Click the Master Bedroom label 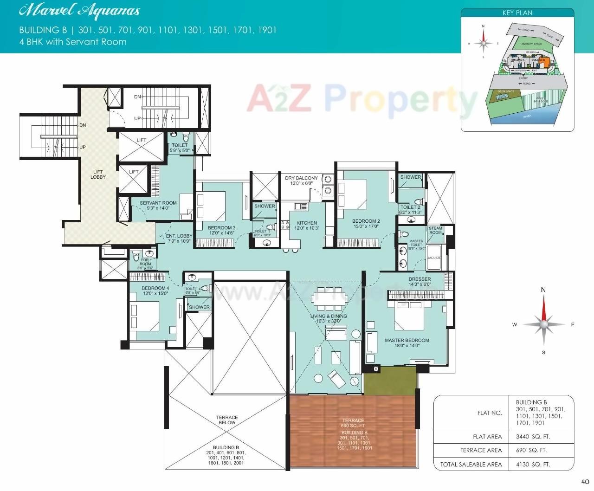(407, 341)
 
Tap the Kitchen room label (307, 223)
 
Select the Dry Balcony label (301, 178)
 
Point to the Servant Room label (158, 203)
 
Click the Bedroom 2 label (366, 221)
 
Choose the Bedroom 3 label (221, 228)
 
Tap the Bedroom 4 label (155, 288)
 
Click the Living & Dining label (329, 316)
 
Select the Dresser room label (420, 279)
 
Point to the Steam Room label (435, 230)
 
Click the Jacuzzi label (433, 258)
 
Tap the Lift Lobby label (98, 174)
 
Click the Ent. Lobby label (179, 236)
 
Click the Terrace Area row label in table (481, 450)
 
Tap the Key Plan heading (517, 13)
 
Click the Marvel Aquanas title (79, 11)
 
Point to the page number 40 (585, 482)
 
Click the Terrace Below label (226, 420)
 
